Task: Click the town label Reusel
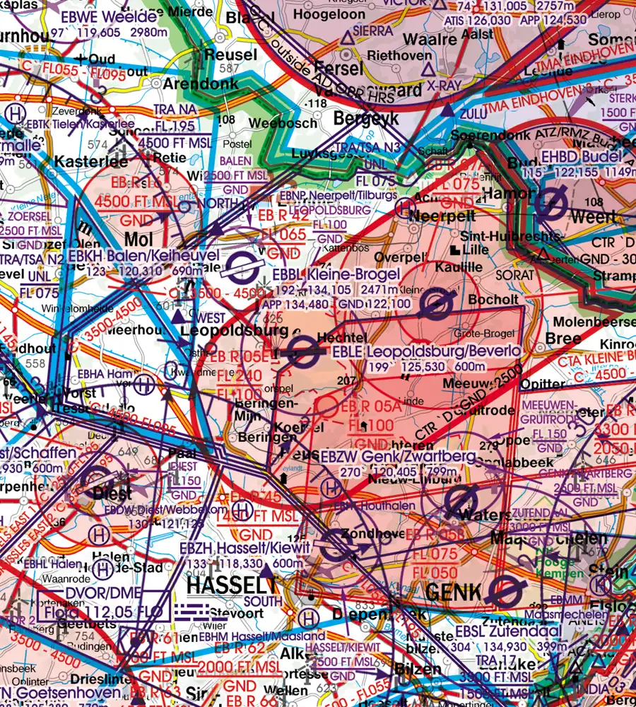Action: (x=230, y=54)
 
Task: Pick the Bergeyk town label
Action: (x=366, y=117)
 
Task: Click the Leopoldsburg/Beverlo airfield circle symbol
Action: (x=305, y=351)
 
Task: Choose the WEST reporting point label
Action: (x=210, y=317)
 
